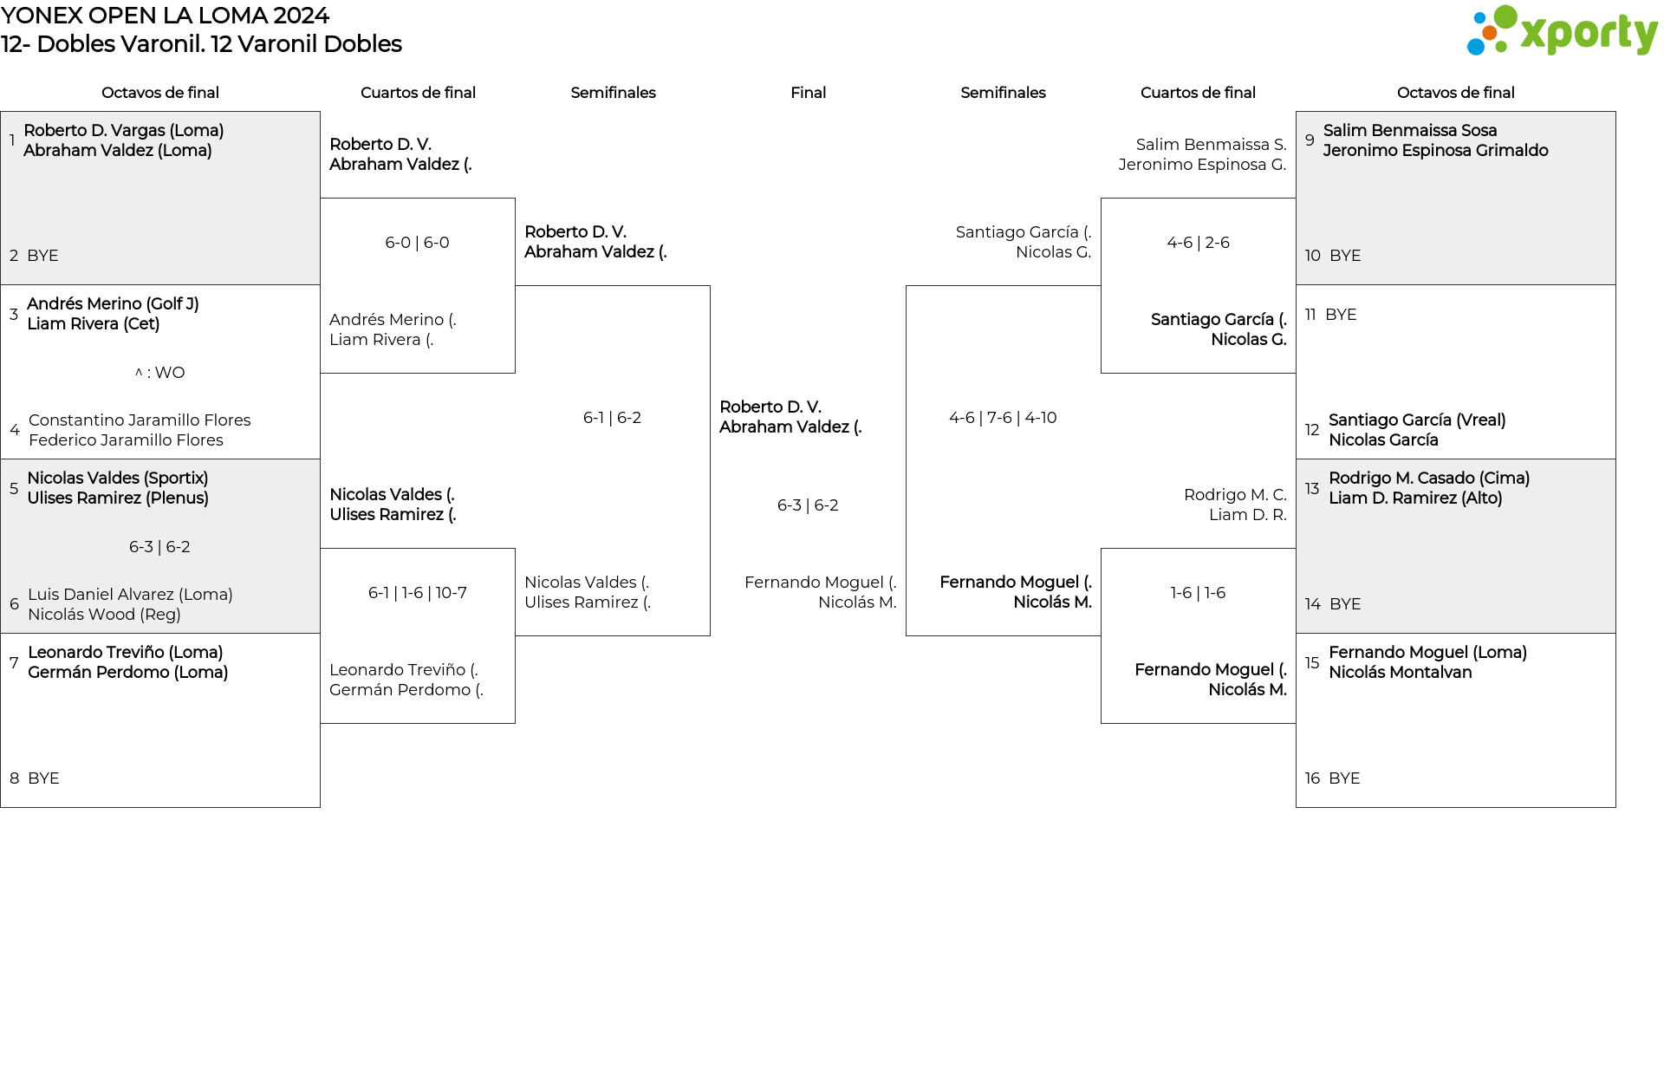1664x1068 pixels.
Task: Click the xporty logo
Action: pyautogui.click(x=1562, y=31)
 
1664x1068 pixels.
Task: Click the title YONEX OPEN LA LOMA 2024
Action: pyautogui.click(x=165, y=16)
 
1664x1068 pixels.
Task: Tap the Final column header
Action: pyautogui.click(x=808, y=93)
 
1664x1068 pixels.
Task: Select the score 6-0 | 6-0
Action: pyautogui.click(x=417, y=243)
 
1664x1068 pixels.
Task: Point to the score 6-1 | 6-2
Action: pyautogui.click(x=612, y=418)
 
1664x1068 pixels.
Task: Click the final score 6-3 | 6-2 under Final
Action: pyautogui.click(x=808, y=505)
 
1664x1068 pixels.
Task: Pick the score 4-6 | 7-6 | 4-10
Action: pyautogui.click(x=1003, y=418)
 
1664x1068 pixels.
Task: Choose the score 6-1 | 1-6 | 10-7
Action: pyautogui.click(x=417, y=593)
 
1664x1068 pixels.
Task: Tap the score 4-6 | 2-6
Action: pyautogui.click(x=1198, y=243)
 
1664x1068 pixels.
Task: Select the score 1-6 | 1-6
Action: pyautogui.click(x=1198, y=593)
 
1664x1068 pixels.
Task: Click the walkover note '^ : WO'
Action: pyautogui.click(x=159, y=373)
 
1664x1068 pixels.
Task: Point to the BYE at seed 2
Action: pyautogui.click(x=42, y=256)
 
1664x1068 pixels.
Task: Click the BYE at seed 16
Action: pyautogui.click(x=1344, y=778)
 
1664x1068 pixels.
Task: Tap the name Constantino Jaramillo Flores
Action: pyautogui.click(x=140, y=420)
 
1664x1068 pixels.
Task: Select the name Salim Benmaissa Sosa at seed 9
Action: pyautogui.click(x=1410, y=131)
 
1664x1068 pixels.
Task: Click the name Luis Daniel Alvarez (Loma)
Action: pyautogui.click(x=130, y=595)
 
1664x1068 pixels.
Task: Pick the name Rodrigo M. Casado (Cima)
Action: pyautogui.click(x=1429, y=479)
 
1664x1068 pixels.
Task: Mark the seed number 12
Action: pyautogui.click(x=1312, y=430)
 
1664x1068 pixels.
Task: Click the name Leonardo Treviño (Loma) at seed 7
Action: pyautogui.click(x=126, y=653)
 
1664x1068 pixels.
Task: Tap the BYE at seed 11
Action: pyautogui.click(x=1341, y=315)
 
